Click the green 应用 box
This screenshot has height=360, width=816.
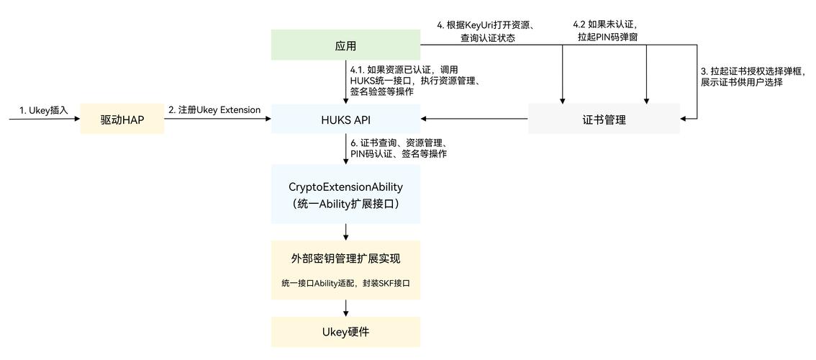coord(345,45)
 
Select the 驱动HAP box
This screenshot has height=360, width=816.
coord(122,119)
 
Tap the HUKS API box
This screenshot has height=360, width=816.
coord(345,119)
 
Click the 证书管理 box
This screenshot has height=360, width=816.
coord(604,120)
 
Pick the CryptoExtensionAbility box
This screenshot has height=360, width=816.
coord(345,194)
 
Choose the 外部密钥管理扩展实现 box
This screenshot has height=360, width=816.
coord(345,257)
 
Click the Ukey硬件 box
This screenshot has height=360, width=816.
coord(345,332)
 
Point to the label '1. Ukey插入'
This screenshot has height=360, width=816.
coord(43,110)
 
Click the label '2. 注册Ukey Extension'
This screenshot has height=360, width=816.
coord(214,110)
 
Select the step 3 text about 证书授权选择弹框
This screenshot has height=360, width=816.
coord(752,77)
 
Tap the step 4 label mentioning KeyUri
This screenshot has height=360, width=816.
coord(489,32)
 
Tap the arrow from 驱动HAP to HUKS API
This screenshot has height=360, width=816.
coord(217,120)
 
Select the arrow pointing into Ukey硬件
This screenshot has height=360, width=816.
coord(346,307)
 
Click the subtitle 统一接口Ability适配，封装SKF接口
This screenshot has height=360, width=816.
coord(345,284)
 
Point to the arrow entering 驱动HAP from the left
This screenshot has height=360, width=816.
coord(43,120)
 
